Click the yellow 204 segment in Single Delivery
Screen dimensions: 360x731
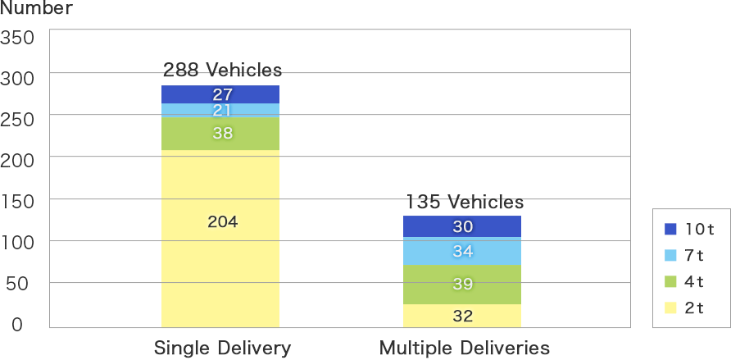(221, 239)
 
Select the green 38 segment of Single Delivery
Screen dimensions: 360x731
(221, 134)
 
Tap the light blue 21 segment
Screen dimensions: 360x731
(221, 110)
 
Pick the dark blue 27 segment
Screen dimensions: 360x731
(221, 93)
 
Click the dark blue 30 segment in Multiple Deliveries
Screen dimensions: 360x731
(462, 226)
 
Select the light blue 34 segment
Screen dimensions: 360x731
(462, 251)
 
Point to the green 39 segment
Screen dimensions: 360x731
(462, 285)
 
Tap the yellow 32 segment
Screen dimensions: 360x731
(462, 316)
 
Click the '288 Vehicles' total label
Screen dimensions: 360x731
(222, 69)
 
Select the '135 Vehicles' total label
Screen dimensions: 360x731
(464, 202)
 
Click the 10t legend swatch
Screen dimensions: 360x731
(670, 230)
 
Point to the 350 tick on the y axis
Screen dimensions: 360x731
(17, 37)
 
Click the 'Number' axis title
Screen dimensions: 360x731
(36, 9)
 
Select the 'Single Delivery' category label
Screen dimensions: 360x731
(222, 347)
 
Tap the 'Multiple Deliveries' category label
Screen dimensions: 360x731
(464, 347)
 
